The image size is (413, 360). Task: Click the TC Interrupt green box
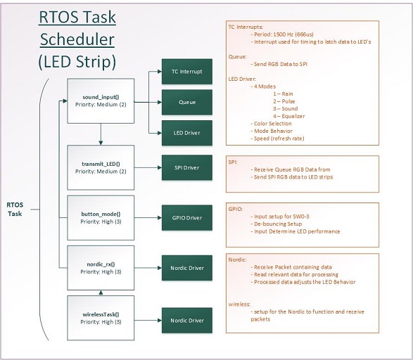click(x=187, y=72)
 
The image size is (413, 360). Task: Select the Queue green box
click(x=187, y=102)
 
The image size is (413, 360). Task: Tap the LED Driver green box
click(x=187, y=133)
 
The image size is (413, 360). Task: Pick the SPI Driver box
click(x=187, y=167)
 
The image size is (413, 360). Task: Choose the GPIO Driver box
click(x=187, y=218)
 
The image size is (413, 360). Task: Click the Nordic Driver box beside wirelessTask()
click(x=187, y=320)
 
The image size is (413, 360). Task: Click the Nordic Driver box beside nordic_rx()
click(x=187, y=268)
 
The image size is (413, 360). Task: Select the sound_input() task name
click(x=101, y=97)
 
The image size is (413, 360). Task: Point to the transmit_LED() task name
click(x=101, y=164)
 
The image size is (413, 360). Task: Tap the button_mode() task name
click(x=101, y=214)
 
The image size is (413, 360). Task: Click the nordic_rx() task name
click(x=101, y=264)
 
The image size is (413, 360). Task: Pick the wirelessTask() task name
click(x=101, y=314)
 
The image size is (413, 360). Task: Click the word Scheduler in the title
click(x=77, y=39)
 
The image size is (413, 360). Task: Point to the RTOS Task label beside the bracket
click(x=15, y=210)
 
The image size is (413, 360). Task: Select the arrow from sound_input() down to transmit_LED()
click(x=101, y=134)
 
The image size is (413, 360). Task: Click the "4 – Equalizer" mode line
click(x=289, y=116)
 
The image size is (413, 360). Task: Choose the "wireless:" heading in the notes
click(x=239, y=304)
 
